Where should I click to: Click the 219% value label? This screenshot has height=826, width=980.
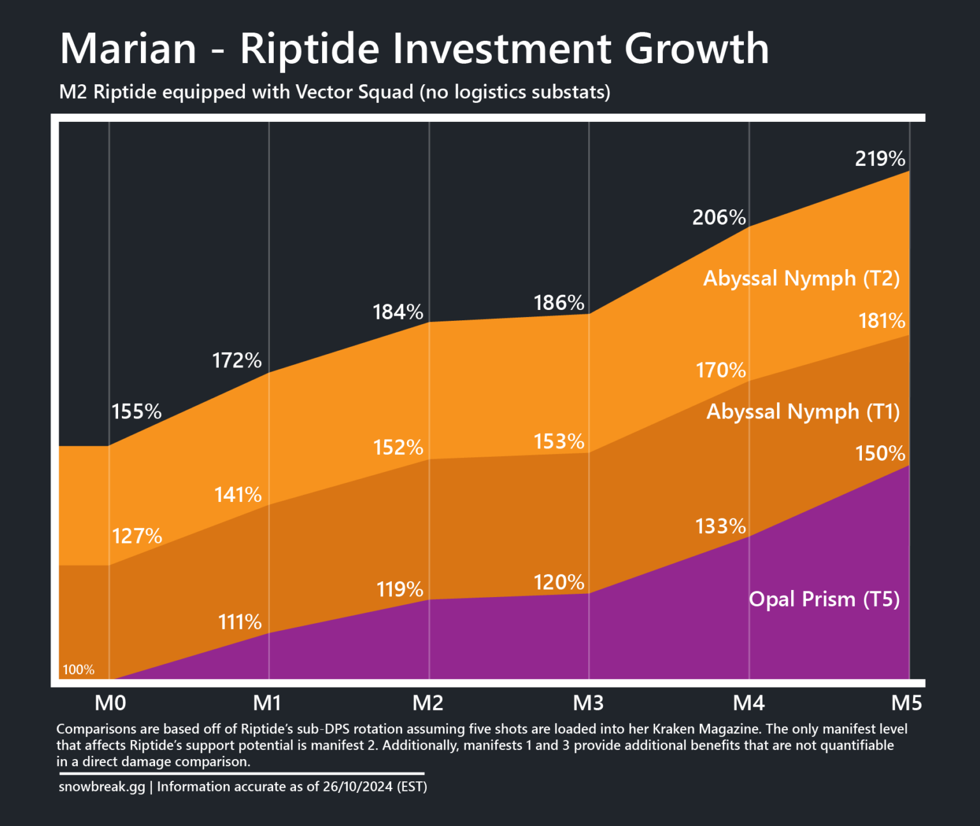click(x=880, y=159)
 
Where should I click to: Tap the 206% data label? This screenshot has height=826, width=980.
click(x=719, y=218)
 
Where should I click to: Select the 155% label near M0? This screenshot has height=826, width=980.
click(x=137, y=411)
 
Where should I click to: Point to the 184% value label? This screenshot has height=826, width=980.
click(x=398, y=312)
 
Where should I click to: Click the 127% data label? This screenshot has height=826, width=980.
click(x=137, y=536)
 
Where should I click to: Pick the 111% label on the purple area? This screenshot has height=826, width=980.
click(x=240, y=622)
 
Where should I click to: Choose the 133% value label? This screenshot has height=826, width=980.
click(x=720, y=526)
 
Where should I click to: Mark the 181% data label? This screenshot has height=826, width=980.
click(x=882, y=320)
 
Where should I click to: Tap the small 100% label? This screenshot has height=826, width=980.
click(x=78, y=670)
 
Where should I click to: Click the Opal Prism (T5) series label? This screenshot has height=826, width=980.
click(x=824, y=599)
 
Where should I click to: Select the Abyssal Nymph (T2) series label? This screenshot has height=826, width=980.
click(x=801, y=278)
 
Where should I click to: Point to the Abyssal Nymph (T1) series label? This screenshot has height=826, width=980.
click(x=803, y=411)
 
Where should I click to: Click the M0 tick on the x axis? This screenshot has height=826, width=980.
click(x=110, y=703)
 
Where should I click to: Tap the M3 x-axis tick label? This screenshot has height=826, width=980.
click(x=588, y=703)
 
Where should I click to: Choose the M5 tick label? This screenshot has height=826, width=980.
click(x=907, y=703)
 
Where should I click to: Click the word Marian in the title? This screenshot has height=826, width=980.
click(x=128, y=48)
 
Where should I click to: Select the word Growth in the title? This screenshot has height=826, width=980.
click(x=697, y=48)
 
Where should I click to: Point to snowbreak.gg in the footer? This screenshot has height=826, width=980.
click(x=102, y=786)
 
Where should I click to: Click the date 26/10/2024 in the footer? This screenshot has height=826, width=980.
click(x=357, y=786)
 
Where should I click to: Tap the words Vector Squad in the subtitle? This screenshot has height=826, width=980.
click(x=354, y=92)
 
